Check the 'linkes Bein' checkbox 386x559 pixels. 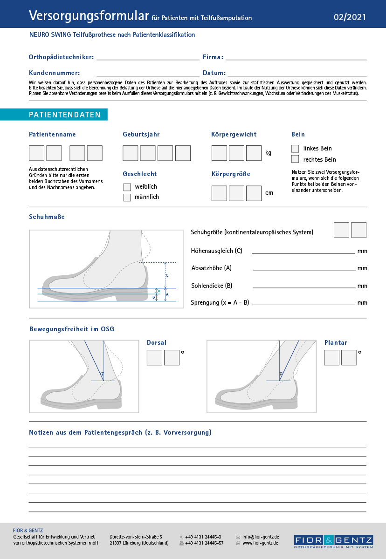point(295,149)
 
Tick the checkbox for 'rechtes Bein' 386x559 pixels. point(295,159)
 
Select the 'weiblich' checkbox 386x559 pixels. point(127,187)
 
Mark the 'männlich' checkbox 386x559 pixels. point(127,197)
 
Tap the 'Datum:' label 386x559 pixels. point(214,73)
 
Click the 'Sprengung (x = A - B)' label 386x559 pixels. point(220,303)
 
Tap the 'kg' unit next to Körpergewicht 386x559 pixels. point(269,153)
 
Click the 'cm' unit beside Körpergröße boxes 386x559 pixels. point(269,193)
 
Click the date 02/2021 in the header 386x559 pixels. point(350,18)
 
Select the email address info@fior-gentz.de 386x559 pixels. point(261,537)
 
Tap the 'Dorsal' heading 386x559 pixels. point(157,343)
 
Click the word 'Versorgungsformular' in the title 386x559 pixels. point(89,16)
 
